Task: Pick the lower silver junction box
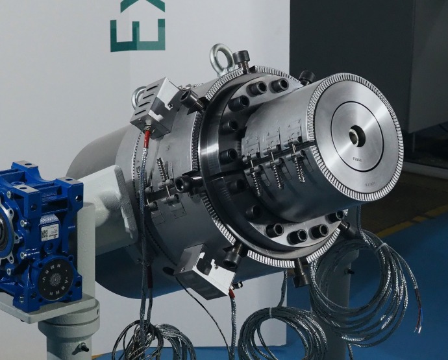pos(205,272)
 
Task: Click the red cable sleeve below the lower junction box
pos(232,294)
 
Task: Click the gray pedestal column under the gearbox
pos(68,334)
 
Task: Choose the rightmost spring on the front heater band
pos(299,167)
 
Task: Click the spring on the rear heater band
pos(161,172)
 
